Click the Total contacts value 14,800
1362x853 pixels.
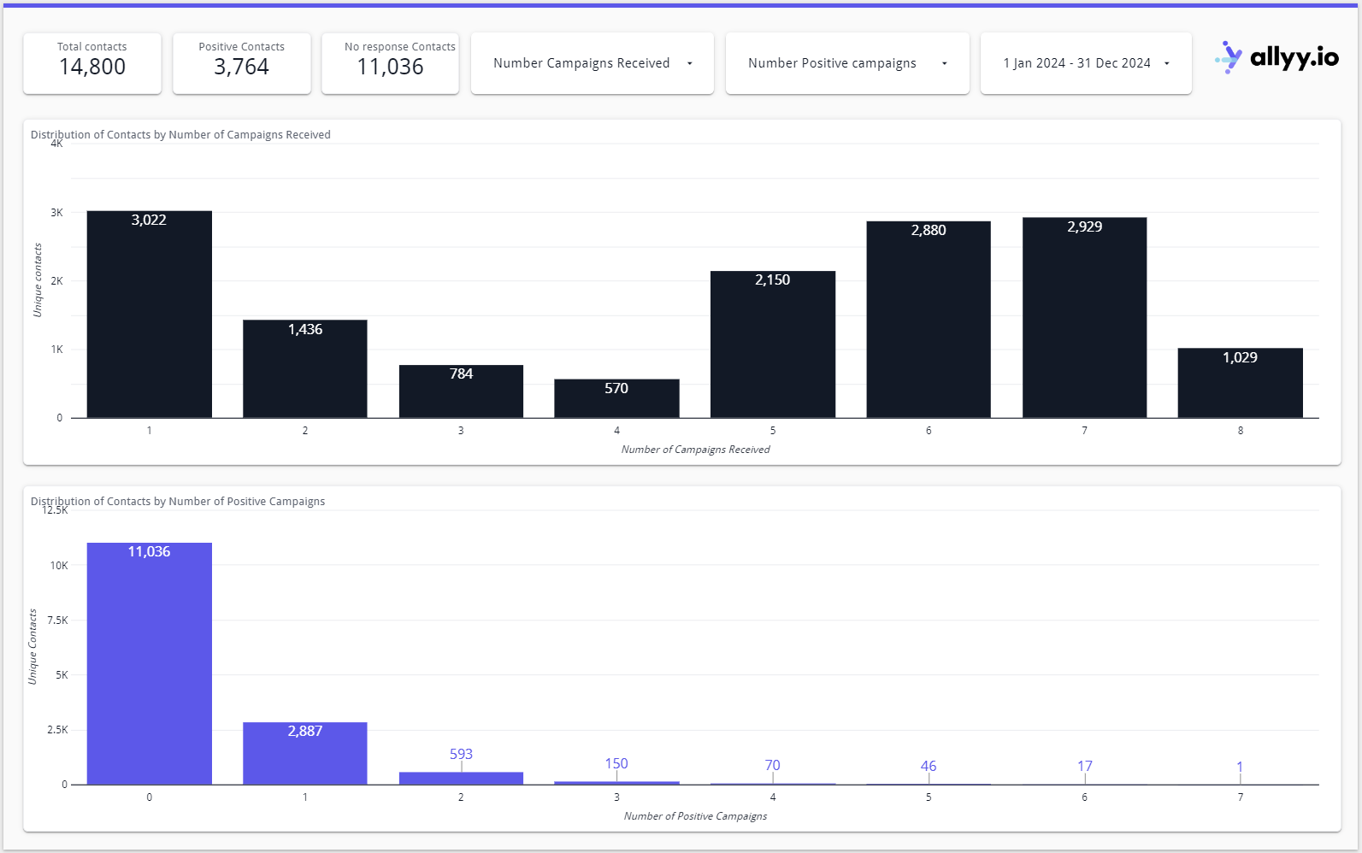click(x=92, y=67)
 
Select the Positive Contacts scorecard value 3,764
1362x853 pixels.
click(x=241, y=67)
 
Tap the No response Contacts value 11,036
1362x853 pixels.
click(x=390, y=67)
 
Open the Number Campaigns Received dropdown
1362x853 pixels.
click(x=592, y=63)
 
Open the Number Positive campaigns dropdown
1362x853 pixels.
click(x=846, y=63)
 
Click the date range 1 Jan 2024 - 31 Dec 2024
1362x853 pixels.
click(x=1085, y=63)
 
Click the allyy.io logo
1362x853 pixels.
click(x=1277, y=58)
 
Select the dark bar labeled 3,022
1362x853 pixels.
click(x=149, y=316)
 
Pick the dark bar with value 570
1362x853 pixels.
click(x=616, y=399)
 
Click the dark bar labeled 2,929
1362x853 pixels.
click(x=1084, y=321)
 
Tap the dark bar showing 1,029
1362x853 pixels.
click(x=1240, y=385)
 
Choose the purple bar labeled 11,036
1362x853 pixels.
click(x=149, y=667)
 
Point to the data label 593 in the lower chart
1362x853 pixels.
click(x=461, y=754)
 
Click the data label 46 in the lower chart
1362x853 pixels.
click(x=929, y=766)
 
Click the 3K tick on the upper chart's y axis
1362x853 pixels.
click(x=56, y=213)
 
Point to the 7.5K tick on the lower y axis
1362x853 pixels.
click(x=57, y=621)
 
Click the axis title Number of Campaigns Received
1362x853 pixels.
click(x=695, y=450)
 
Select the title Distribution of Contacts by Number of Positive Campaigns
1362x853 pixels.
click(x=178, y=502)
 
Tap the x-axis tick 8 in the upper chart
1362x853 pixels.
click(x=1240, y=431)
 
